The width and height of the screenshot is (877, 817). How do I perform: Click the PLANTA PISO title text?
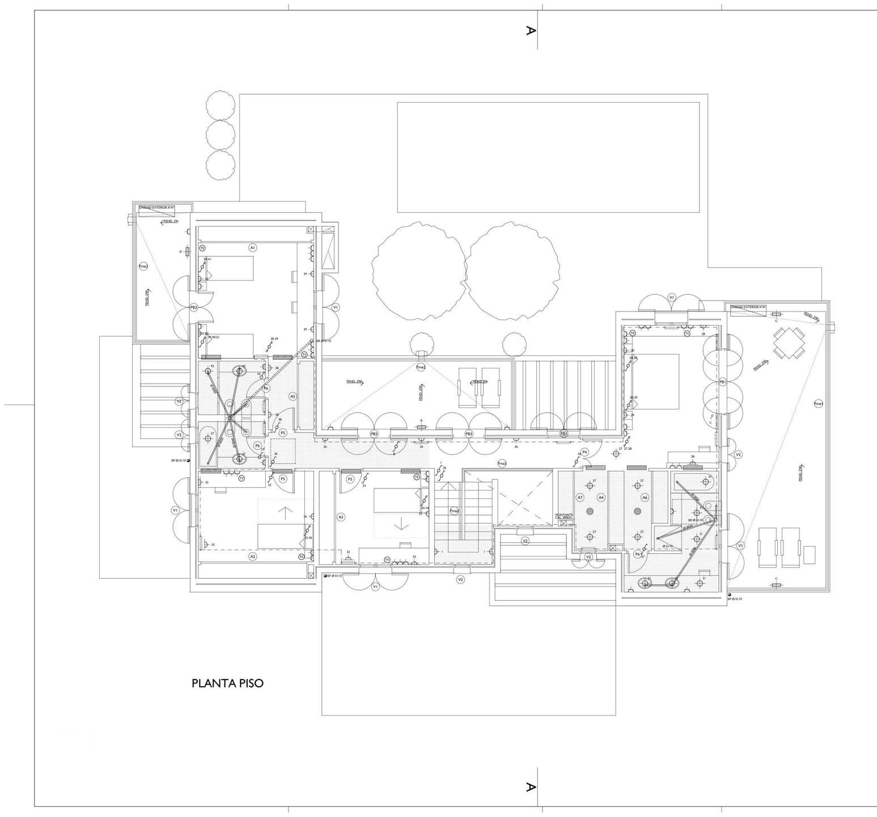[x=227, y=683]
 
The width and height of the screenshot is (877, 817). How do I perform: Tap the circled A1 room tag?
[x=253, y=247]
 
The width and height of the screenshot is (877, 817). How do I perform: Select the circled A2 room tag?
[x=253, y=557]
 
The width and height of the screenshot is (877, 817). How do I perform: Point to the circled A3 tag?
[x=341, y=517]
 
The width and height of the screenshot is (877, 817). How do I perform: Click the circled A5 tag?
[x=293, y=396]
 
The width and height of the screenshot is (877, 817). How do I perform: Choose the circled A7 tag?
[x=580, y=497]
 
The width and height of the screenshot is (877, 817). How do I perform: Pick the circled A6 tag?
[x=645, y=497]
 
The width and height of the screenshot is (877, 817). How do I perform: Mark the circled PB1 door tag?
[x=723, y=382]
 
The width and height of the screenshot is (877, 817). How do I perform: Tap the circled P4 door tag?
[x=585, y=452]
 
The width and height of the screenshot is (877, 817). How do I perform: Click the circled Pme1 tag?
[x=818, y=403]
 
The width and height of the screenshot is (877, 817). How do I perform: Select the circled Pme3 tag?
[x=143, y=266]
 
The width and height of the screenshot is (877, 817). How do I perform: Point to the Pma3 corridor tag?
[x=502, y=463]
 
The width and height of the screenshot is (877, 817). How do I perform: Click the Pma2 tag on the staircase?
[x=454, y=511]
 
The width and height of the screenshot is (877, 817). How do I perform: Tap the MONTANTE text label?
[x=564, y=515]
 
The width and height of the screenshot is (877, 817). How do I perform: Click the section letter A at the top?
[x=530, y=31]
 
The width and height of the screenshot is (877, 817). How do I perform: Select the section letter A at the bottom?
[x=530, y=787]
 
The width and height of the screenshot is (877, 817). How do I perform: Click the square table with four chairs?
[x=789, y=343]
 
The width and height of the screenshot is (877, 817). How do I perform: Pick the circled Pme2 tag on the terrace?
[x=421, y=367]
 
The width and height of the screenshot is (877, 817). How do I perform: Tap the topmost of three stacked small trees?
[x=221, y=104]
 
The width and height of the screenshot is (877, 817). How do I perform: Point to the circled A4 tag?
[x=601, y=497]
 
